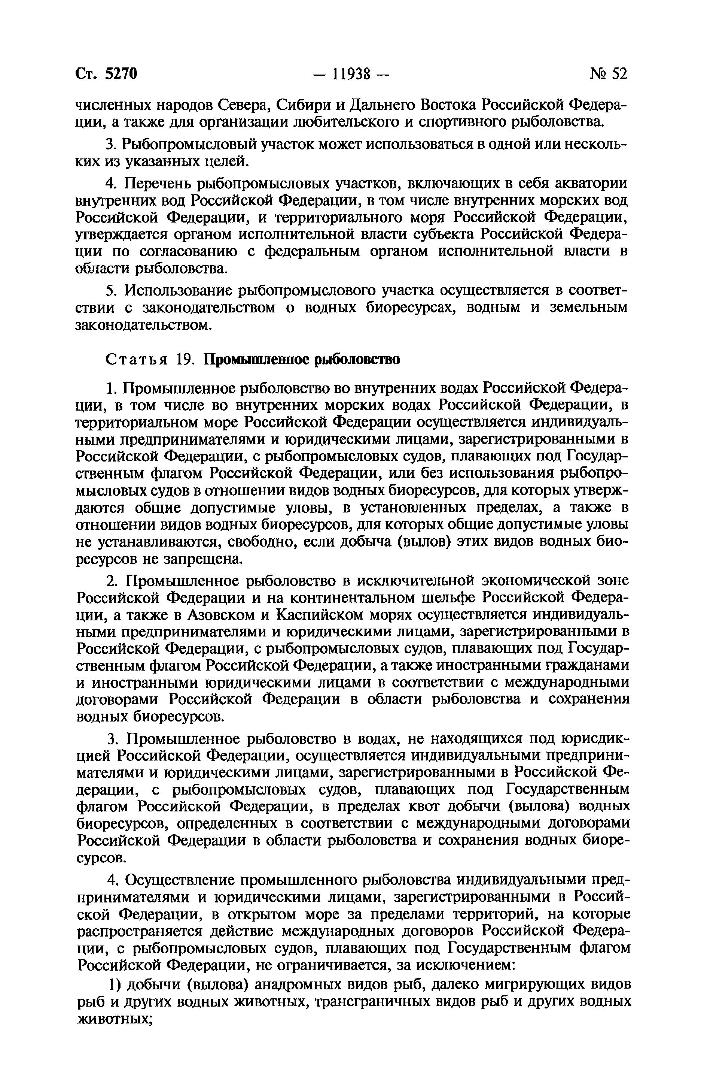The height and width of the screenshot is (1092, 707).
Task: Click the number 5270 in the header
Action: (121, 73)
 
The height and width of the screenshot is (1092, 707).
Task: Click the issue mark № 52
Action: (607, 73)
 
